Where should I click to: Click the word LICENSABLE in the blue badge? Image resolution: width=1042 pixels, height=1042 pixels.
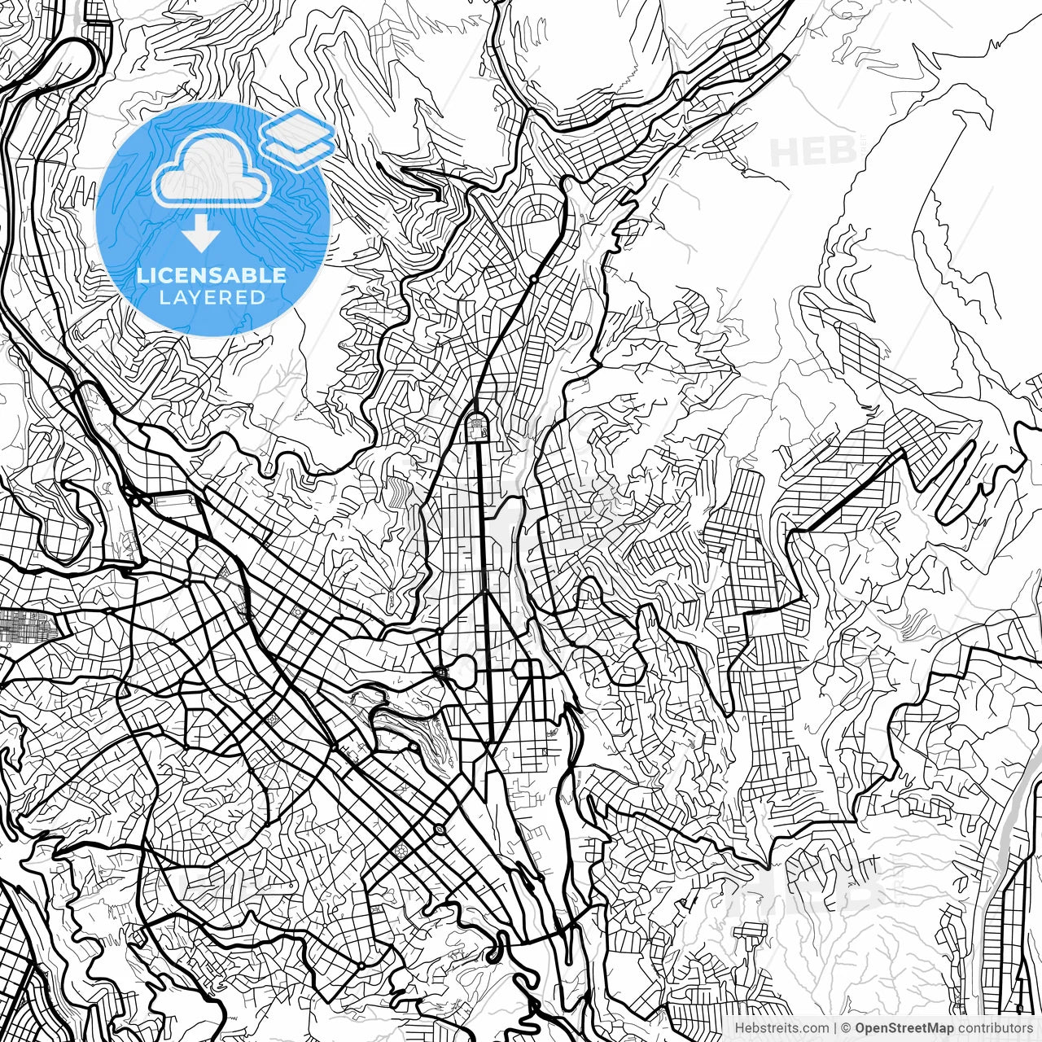point(212,275)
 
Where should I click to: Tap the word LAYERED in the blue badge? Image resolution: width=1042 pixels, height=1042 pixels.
point(212,298)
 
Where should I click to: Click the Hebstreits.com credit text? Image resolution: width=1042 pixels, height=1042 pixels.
point(781,1028)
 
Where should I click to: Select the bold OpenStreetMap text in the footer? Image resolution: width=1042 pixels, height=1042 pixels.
point(904,1028)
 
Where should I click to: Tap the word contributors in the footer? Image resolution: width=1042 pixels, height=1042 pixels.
point(994,1028)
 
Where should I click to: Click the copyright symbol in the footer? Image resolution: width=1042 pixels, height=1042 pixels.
point(845,1028)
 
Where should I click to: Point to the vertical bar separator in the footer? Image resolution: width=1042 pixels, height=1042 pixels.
point(835,1028)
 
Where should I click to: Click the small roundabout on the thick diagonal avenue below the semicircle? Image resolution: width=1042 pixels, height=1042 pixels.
point(533,278)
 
